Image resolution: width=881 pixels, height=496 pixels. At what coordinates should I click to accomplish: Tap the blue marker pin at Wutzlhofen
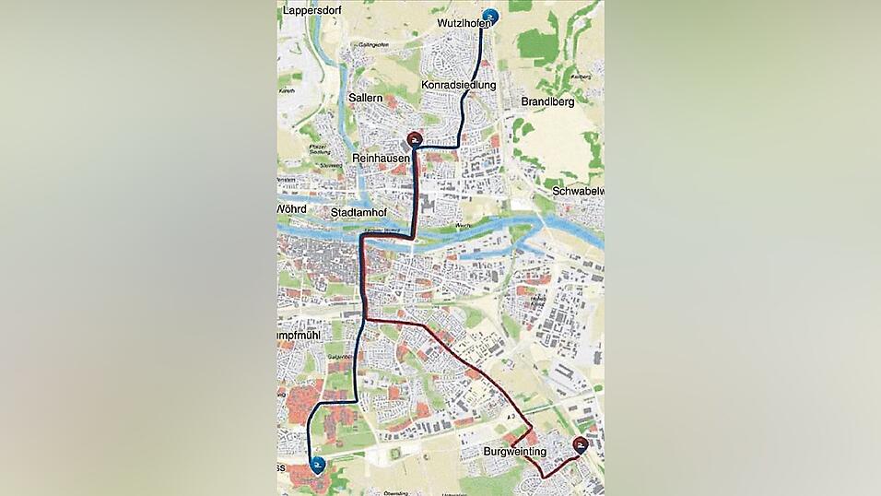point(491,16)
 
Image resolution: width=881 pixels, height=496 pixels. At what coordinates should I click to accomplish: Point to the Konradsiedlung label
point(459,85)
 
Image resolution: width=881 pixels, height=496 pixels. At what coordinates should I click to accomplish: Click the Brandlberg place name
point(547,101)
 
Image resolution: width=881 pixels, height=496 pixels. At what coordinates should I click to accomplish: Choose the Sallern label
point(366,97)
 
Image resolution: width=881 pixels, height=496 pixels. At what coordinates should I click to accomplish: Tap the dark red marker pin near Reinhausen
point(415,141)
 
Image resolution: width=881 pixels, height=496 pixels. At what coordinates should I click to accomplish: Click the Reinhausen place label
point(380,159)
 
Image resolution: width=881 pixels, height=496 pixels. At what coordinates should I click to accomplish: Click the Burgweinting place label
point(514,452)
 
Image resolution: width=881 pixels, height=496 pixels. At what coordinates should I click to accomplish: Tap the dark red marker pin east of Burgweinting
point(581,446)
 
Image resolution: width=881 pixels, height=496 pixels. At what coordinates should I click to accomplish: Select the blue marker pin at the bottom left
point(318,466)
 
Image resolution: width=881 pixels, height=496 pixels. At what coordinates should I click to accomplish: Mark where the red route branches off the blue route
point(367,319)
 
